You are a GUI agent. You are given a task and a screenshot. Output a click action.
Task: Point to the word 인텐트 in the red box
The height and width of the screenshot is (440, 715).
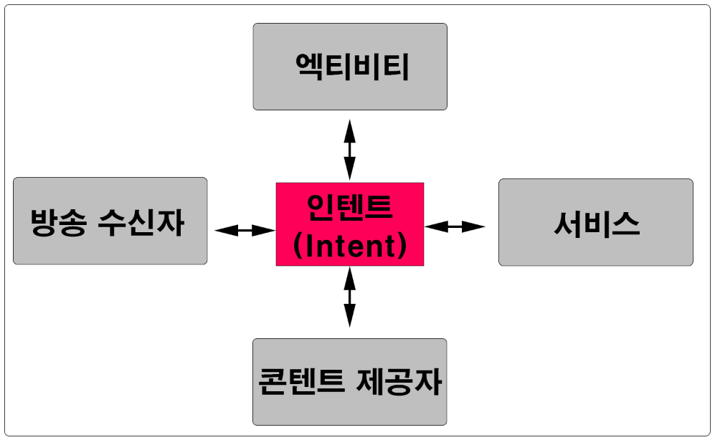[x=350, y=208]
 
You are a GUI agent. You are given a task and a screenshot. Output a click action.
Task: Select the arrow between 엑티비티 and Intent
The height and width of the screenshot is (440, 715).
[x=349, y=149]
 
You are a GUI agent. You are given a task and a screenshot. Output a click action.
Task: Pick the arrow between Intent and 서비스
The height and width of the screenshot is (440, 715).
[x=455, y=226]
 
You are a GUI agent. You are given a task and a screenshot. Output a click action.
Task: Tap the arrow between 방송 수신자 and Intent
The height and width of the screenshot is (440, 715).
[x=245, y=230]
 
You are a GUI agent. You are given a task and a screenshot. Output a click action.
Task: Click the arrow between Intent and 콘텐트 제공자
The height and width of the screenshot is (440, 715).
[x=349, y=297]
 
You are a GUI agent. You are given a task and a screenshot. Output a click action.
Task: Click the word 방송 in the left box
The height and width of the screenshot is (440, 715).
[x=58, y=224]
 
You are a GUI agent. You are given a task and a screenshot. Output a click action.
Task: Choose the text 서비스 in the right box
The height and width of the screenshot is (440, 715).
[x=597, y=224]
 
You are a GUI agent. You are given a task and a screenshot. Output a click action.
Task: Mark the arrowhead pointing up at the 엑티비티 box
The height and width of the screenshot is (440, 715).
[x=349, y=129]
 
